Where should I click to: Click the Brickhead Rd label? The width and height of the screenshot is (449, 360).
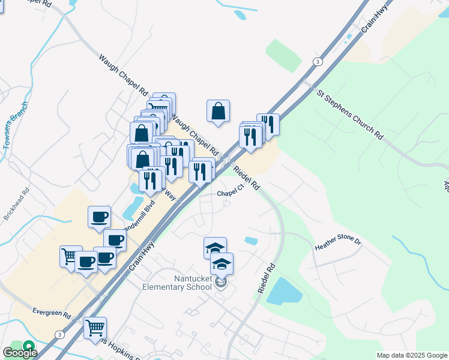coord(16,206)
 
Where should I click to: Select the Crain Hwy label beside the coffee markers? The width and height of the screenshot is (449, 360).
coord(141,255)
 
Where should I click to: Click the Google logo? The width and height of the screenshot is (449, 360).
coord(20,352)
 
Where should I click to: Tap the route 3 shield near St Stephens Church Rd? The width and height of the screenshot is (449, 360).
coord(316,62)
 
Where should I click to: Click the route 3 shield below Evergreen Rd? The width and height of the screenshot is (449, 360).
coord(59,334)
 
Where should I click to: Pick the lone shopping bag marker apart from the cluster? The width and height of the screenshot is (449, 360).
coord(218,111)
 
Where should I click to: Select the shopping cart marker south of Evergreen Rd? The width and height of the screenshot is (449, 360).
coord(95,328)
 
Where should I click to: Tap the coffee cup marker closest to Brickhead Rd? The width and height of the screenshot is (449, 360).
coord(99,217)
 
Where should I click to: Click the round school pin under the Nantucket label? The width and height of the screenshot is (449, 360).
coord(221,282)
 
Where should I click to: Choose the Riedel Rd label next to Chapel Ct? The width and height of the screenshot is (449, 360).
coord(246,178)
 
